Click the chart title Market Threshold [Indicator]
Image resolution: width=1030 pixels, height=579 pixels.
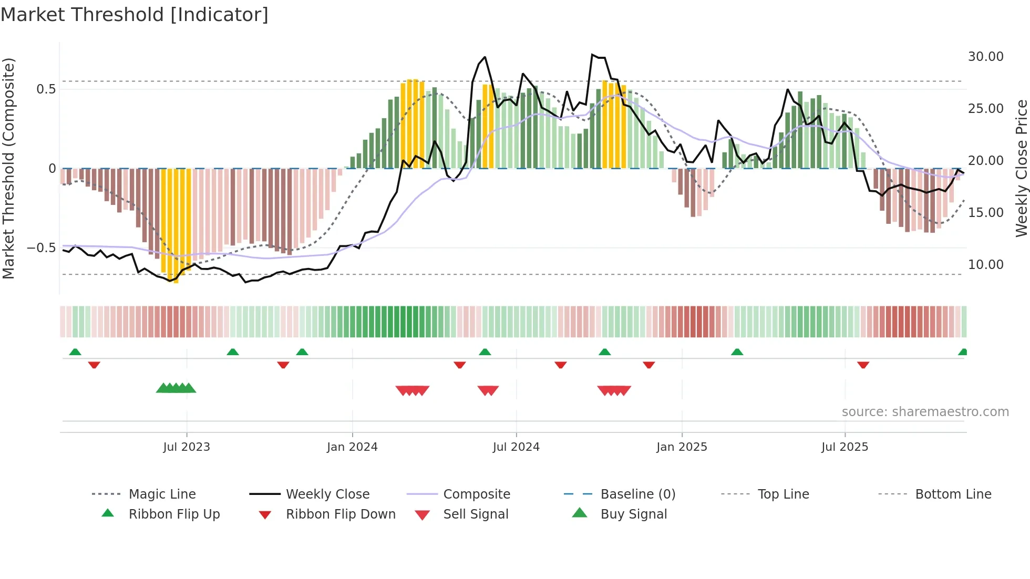pyautogui.click(x=135, y=15)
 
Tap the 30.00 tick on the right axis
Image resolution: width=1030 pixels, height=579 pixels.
pyautogui.click(x=985, y=57)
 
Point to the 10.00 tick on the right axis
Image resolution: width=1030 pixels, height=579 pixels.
pyautogui.click(x=985, y=265)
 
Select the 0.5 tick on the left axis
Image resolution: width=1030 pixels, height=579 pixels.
pyautogui.click(x=46, y=89)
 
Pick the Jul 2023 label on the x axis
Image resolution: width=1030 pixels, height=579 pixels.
pyautogui.click(x=186, y=447)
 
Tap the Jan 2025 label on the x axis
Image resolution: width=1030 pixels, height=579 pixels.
pyautogui.click(x=682, y=447)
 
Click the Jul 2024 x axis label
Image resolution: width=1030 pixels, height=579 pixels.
pyautogui.click(x=516, y=447)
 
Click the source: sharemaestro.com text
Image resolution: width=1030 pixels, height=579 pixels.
pyautogui.click(x=925, y=412)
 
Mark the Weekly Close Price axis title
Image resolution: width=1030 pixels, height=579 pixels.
pyautogui.click(x=1021, y=168)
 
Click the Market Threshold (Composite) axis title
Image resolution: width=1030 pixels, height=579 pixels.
pyautogui.click(x=8, y=168)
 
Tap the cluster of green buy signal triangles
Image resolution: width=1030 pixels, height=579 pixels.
pyautogui.click(x=176, y=389)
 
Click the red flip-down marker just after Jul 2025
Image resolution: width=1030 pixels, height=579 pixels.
pyautogui.click(x=863, y=365)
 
